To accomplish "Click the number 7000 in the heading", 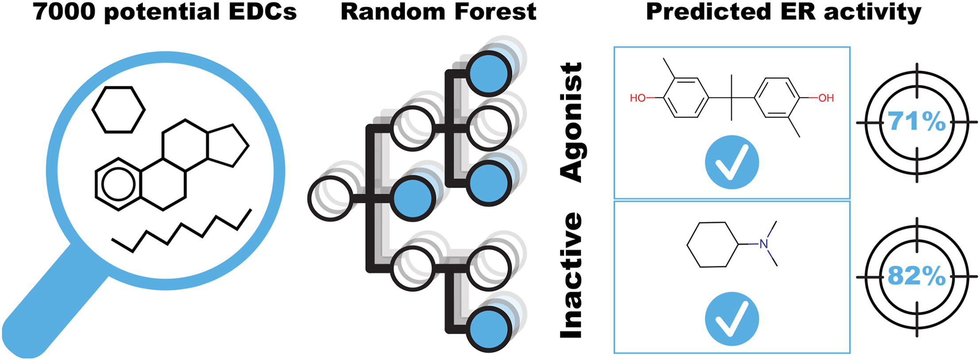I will tap(64, 12).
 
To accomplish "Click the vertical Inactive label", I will tap(572, 275).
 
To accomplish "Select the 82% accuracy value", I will tap(916, 276).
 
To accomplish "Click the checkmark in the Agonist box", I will tap(732, 162).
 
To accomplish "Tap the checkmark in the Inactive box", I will tap(732, 319).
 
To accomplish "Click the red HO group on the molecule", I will tap(638, 98).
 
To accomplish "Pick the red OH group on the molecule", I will tap(826, 98).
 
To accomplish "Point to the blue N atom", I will tap(763, 244).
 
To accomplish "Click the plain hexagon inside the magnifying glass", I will tap(118, 109).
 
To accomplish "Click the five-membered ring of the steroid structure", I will tap(227, 145).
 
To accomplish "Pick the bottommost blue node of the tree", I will tap(489, 330).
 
